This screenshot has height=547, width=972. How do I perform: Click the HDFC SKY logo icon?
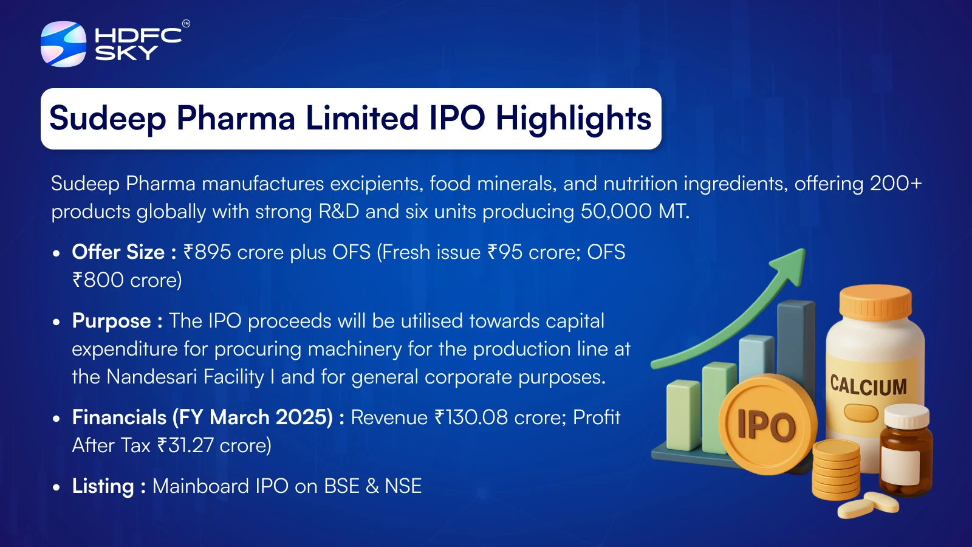[x=63, y=44]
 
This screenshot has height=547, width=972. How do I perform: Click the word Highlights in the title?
[x=573, y=119]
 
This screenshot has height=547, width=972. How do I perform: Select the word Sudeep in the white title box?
[x=108, y=119]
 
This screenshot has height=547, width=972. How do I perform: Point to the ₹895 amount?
[x=207, y=252]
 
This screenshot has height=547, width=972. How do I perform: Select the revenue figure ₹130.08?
[x=471, y=417]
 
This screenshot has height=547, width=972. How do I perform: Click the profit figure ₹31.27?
[x=185, y=446]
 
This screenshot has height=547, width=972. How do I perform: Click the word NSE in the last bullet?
[x=403, y=486]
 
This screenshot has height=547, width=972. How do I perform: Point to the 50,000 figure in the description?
[x=616, y=212]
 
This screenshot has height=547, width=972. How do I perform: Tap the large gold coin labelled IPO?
[x=767, y=424]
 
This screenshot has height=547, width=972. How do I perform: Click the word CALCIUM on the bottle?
[x=868, y=385]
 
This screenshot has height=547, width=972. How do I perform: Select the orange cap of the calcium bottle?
[x=875, y=302]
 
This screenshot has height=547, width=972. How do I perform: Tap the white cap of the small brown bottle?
[x=907, y=416]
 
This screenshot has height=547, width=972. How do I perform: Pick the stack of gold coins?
[x=836, y=469]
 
